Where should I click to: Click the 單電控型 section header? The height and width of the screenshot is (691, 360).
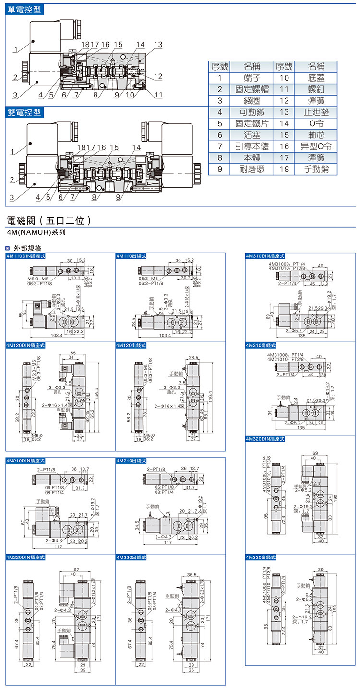(24, 9)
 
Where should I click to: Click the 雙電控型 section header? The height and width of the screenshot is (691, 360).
(24, 112)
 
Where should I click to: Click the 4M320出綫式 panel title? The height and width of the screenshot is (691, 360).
(262, 558)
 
